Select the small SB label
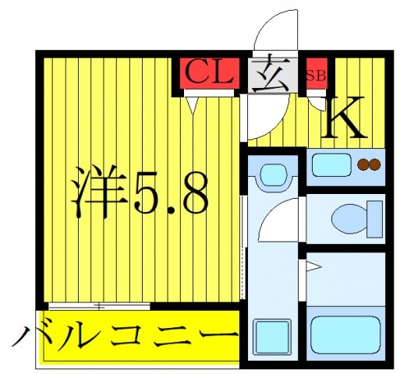pos(316,76)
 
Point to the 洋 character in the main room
pos(100,191)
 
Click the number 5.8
pos(171,193)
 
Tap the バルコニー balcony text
pos(126,335)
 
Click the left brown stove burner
pos(363,164)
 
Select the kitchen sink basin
pos(331,165)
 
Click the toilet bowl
pos(349,218)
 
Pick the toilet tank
pos(374,219)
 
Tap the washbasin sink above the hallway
pos(273,175)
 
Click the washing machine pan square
pos(272,337)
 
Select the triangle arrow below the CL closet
pos(192,105)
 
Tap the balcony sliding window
pos(99,306)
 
